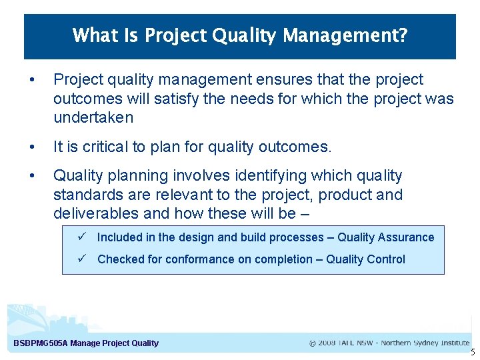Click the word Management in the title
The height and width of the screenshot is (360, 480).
(x=343, y=35)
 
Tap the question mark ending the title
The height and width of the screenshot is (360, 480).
(x=402, y=35)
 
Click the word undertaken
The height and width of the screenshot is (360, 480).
(x=93, y=118)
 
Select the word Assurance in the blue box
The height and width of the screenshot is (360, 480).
(x=407, y=237)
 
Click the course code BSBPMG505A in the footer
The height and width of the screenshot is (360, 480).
(x=41, y=343)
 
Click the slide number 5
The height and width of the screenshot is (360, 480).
(x=473, y=352)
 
